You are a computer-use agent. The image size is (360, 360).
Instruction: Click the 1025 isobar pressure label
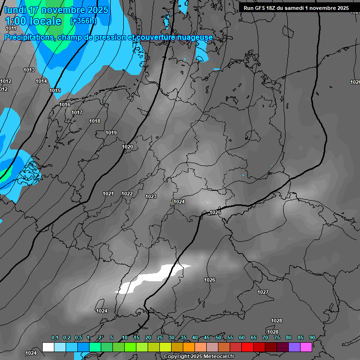pyautogui.click(x=215, y=212)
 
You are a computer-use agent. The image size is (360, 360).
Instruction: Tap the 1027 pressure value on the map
pyautogui.click(x=263, y=292)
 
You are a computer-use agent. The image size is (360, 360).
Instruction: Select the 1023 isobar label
pyautogui.click(x=151, y=196)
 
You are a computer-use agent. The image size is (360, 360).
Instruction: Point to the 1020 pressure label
pyautogui.click(x=127, y=147)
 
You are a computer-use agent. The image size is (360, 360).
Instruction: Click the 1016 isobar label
pyautogui.click(x=65, y=105)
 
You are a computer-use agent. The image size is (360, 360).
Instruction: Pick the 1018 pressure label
pyautogui.click(x=95, y=121)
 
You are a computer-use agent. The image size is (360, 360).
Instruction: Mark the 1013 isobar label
pyautogui.click(x=29, y=70)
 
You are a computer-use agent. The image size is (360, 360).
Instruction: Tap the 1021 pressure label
pyautogui.click(x=108, y=194)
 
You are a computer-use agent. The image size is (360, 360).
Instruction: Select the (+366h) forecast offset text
pyautogui.click(x=82, y=21)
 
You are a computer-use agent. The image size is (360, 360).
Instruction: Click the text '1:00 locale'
pyautogui.click(x=33, y=21)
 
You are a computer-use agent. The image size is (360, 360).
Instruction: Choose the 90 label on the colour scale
pyautogui.click(x=312, y=337)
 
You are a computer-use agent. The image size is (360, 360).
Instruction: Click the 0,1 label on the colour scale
pyautogui.click(x=55, y=337)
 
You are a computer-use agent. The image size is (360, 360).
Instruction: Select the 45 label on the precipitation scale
pyautogui.click(x=207, y=337)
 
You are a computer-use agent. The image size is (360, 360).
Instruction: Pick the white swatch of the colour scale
pyautogui.click(x=48, y=347)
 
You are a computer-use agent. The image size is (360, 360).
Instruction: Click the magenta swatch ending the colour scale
pyautogui.click(x=306, y=347)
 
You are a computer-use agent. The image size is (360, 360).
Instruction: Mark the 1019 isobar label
pyautogui.click(x=111, y=133)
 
